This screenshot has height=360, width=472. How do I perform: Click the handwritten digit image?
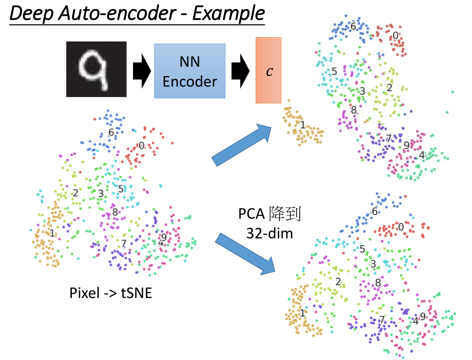pos(96,68)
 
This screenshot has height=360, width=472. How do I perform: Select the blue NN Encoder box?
pos(190,71)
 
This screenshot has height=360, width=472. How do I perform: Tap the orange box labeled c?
pos(268,70)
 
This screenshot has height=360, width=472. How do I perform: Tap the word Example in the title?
pos(228,14)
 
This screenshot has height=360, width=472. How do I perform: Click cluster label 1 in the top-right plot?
pos(302,125)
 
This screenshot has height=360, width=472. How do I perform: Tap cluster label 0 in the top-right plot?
pos(395,35)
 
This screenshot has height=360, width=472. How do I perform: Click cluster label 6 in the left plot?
pos(111,133)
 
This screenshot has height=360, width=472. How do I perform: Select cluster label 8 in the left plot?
pos(115,212)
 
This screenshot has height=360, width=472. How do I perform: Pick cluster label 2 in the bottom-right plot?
pos(338,282)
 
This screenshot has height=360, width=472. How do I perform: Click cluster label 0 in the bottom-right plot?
pos(401,227)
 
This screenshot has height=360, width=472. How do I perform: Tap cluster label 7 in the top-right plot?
pos(388,138)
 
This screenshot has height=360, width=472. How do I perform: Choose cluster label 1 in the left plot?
pos(52,233)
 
